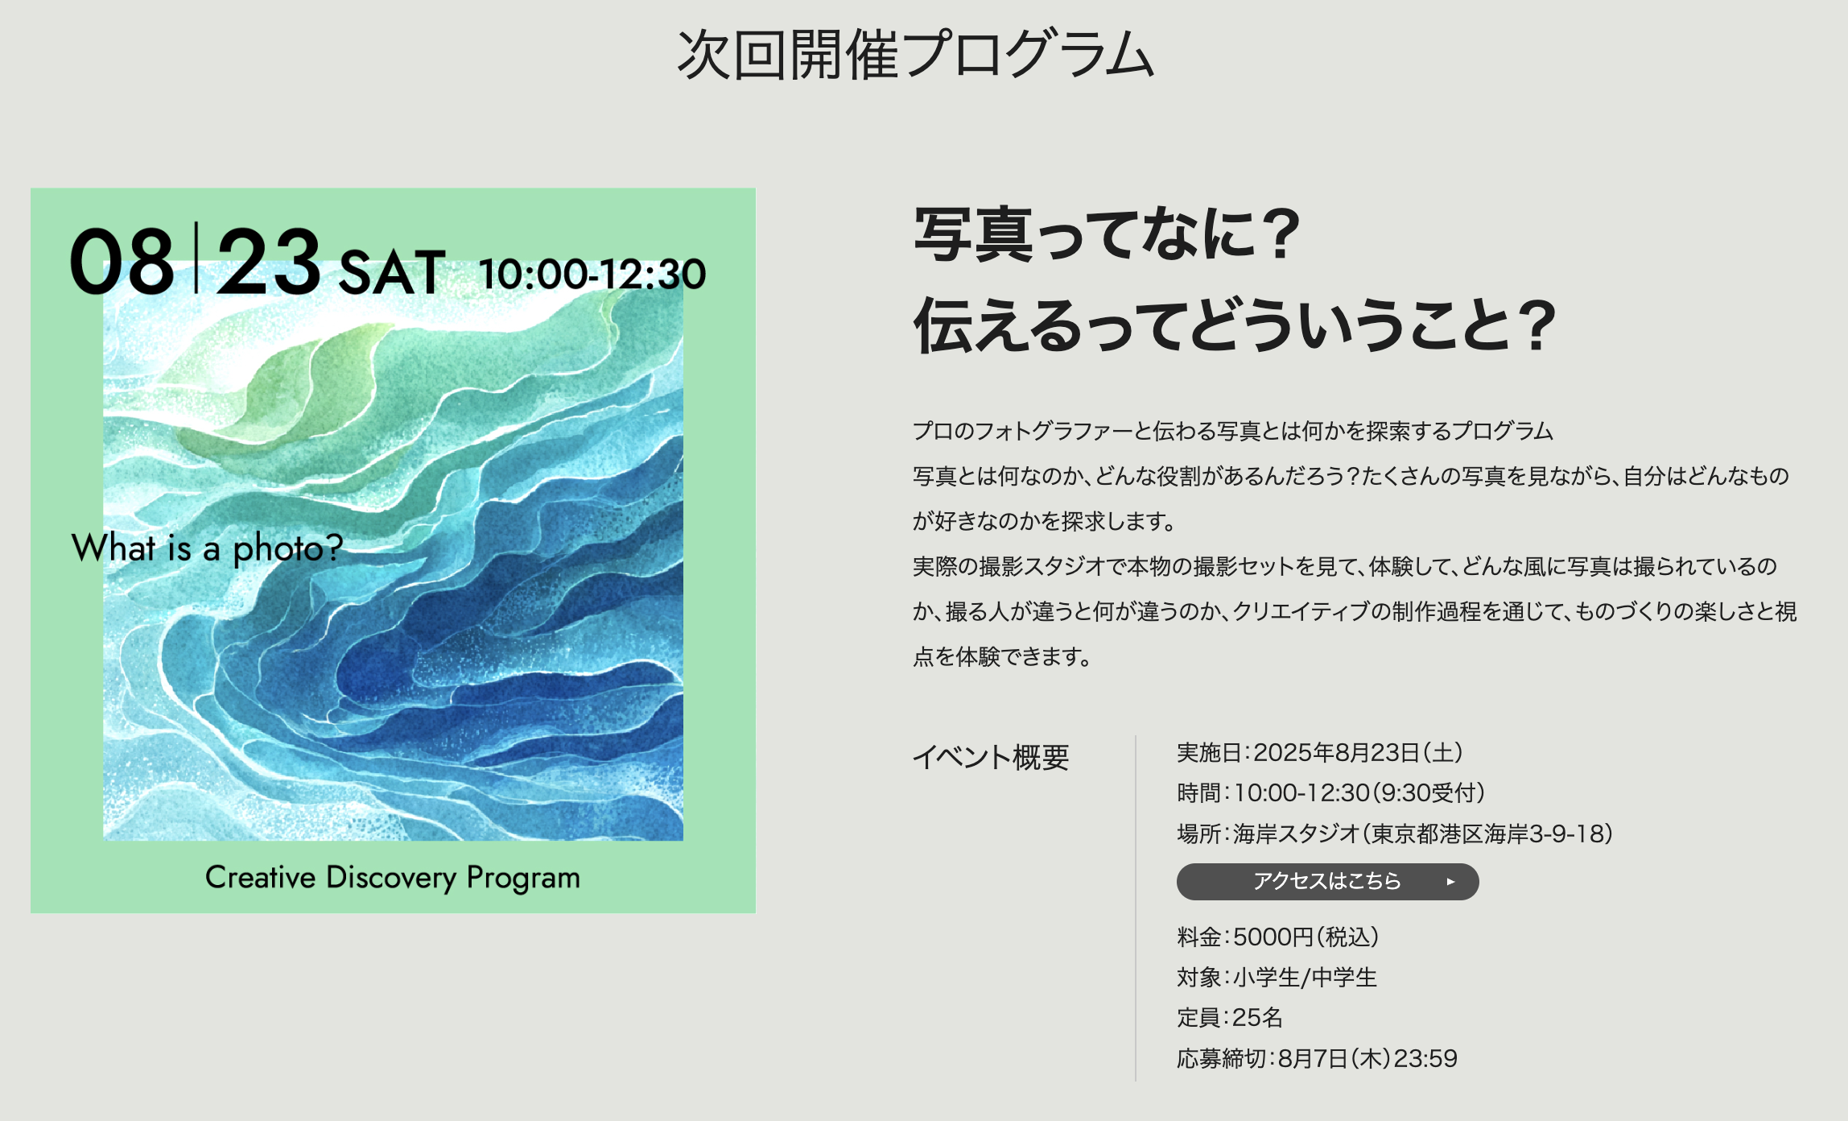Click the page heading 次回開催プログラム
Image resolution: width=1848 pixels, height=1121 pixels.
(x=916, y=54)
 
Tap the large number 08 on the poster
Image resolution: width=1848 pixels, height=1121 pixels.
(x=122, y=262)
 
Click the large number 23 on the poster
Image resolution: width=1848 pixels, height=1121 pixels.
(x=269, y=262)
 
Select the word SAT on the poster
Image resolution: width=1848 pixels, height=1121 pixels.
(x=392, y=272)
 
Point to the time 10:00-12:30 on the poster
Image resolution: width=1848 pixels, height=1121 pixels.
(x=592, y=274)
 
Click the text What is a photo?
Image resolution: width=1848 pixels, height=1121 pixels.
(x=208, y=548)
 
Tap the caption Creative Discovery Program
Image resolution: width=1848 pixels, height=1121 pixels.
(x=393, y=878)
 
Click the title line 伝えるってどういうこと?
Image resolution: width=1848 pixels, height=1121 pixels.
(x=1234, y=325)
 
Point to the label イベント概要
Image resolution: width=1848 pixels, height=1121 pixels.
(x=991, y=757)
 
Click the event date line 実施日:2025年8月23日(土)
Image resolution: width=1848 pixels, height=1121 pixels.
(x=1320, y=753)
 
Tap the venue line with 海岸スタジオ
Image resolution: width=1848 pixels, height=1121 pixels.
(x=1395, y=834)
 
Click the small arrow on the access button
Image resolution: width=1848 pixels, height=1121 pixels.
(x=1450, y=882)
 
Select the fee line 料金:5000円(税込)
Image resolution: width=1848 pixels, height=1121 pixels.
(x=1278, y=937)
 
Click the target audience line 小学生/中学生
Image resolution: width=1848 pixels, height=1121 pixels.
(x=1277, y=978)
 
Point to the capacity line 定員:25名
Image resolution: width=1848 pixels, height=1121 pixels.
(x=1230, y=1018)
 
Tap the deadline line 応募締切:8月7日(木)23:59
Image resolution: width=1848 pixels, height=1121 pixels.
(x=1317, y=1058)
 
